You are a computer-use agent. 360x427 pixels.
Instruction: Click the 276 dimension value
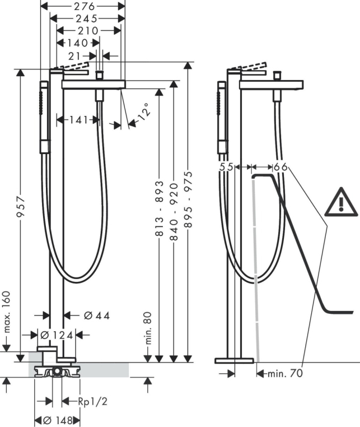(85, 6)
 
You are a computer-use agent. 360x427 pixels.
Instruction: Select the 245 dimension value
(87, 18)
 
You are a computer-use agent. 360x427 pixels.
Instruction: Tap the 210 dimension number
(88, 31)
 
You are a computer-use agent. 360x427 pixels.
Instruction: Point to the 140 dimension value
(78, 43)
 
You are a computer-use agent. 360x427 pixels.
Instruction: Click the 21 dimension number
(74, 57)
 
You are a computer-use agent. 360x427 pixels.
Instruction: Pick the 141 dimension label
(79, 119)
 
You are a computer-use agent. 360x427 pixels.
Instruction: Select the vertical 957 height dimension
(21, 207)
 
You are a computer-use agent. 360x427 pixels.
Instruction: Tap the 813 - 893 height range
(160, 208)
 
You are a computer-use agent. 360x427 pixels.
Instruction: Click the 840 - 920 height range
(174, 212)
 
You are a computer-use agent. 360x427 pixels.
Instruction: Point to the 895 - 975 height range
(188, 199)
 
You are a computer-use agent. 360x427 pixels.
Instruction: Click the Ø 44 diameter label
(97, 315)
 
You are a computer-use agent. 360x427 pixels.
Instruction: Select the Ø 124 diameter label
(57, 335)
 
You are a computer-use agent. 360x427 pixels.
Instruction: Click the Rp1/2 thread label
(93, 401)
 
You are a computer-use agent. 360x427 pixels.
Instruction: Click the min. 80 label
(148, 328)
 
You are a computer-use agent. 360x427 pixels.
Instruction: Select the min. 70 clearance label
(285, 373)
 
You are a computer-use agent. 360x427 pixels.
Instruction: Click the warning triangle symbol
(341, 202)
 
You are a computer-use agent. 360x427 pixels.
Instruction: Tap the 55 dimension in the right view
(226, 167)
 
